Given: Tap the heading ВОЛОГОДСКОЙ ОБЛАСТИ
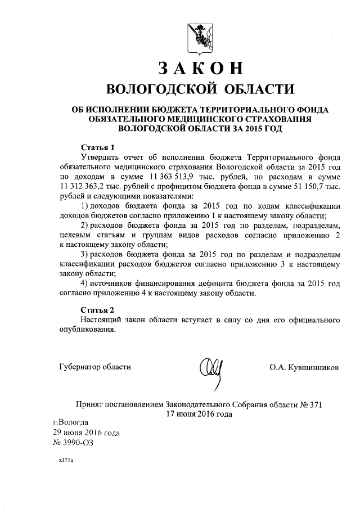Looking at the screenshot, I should coord(200,89).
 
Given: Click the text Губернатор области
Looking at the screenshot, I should coord(95,367).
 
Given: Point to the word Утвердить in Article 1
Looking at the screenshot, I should coord(101,157).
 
